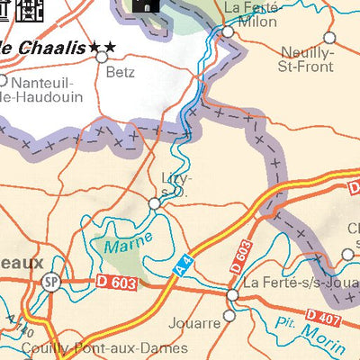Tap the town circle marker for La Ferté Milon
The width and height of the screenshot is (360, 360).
tap(228, 31)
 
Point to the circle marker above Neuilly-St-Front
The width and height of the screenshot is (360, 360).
tap(329, 38)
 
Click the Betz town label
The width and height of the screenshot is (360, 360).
tap(121, 71)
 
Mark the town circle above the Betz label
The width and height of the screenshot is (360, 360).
tap(103, 56)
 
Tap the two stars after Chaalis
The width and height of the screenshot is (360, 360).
tap(102, 46)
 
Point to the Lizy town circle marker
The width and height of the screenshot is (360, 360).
tap(155, 204)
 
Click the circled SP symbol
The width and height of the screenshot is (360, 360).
tap(49, 282)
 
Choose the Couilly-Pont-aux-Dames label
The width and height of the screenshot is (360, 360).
tap(94, 347)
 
